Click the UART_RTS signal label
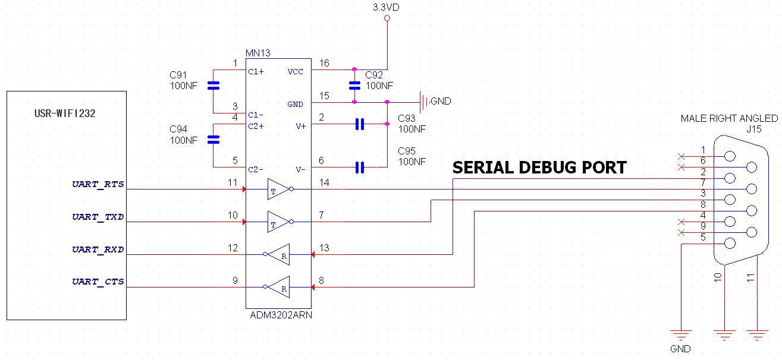click(x=98, y=184)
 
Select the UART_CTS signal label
click(x=98, y=282)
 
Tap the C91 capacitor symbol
click(x=213, y=86)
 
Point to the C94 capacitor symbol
click(x=213, y=140)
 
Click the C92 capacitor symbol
click(x=354, y=84)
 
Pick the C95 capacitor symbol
click(x=359, y=168)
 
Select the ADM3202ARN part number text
click(x=281, y=315)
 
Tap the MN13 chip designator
click(x=258, y=53)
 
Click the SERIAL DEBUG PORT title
click(x=539, y=168)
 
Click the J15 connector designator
click(x=753, y=129)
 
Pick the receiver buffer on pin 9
click(x=279, y=288)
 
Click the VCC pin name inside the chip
click(x=295, y=71)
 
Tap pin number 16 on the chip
click(x=324, y=63)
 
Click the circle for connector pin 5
click(x=730, y=243)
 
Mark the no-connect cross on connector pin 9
click(x=680, y=232)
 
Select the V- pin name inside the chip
click(x=300, y=169)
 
